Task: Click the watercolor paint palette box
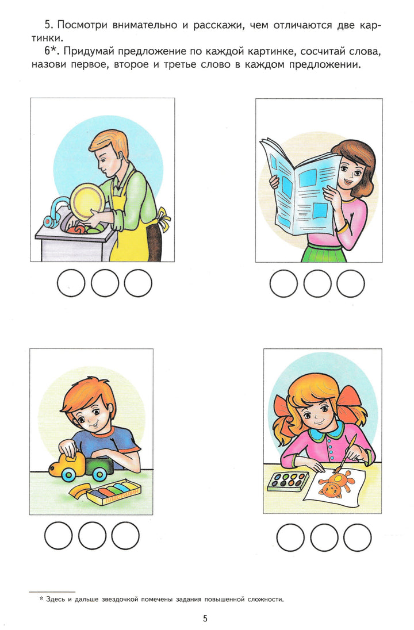(288, 481)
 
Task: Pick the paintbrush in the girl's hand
(346, 454)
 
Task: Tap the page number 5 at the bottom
(205, 618)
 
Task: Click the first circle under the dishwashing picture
(71, 283)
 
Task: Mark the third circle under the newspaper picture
(351, 283)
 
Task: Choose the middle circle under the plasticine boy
(91, 536)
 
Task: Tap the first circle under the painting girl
(290, 537)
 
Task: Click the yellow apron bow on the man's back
(164, 217)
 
